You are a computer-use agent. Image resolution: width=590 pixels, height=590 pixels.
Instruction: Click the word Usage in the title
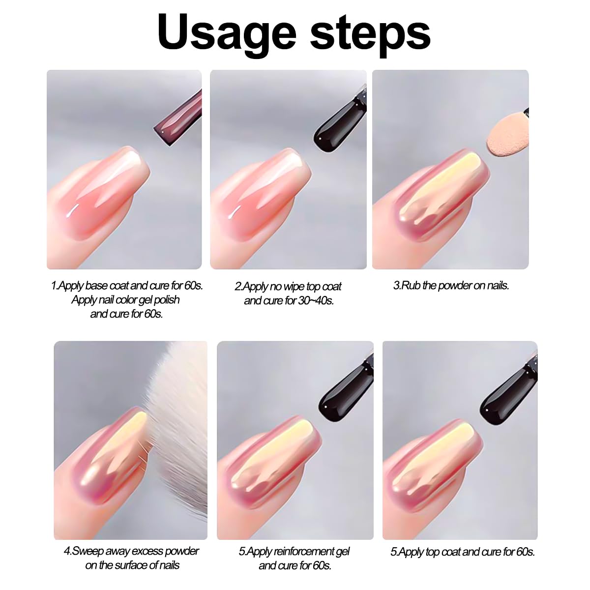point(226,32)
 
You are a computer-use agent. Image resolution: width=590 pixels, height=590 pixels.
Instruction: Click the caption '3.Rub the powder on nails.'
point(451,285)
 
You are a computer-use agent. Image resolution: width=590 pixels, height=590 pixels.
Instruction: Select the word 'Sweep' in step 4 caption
point(88,551)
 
